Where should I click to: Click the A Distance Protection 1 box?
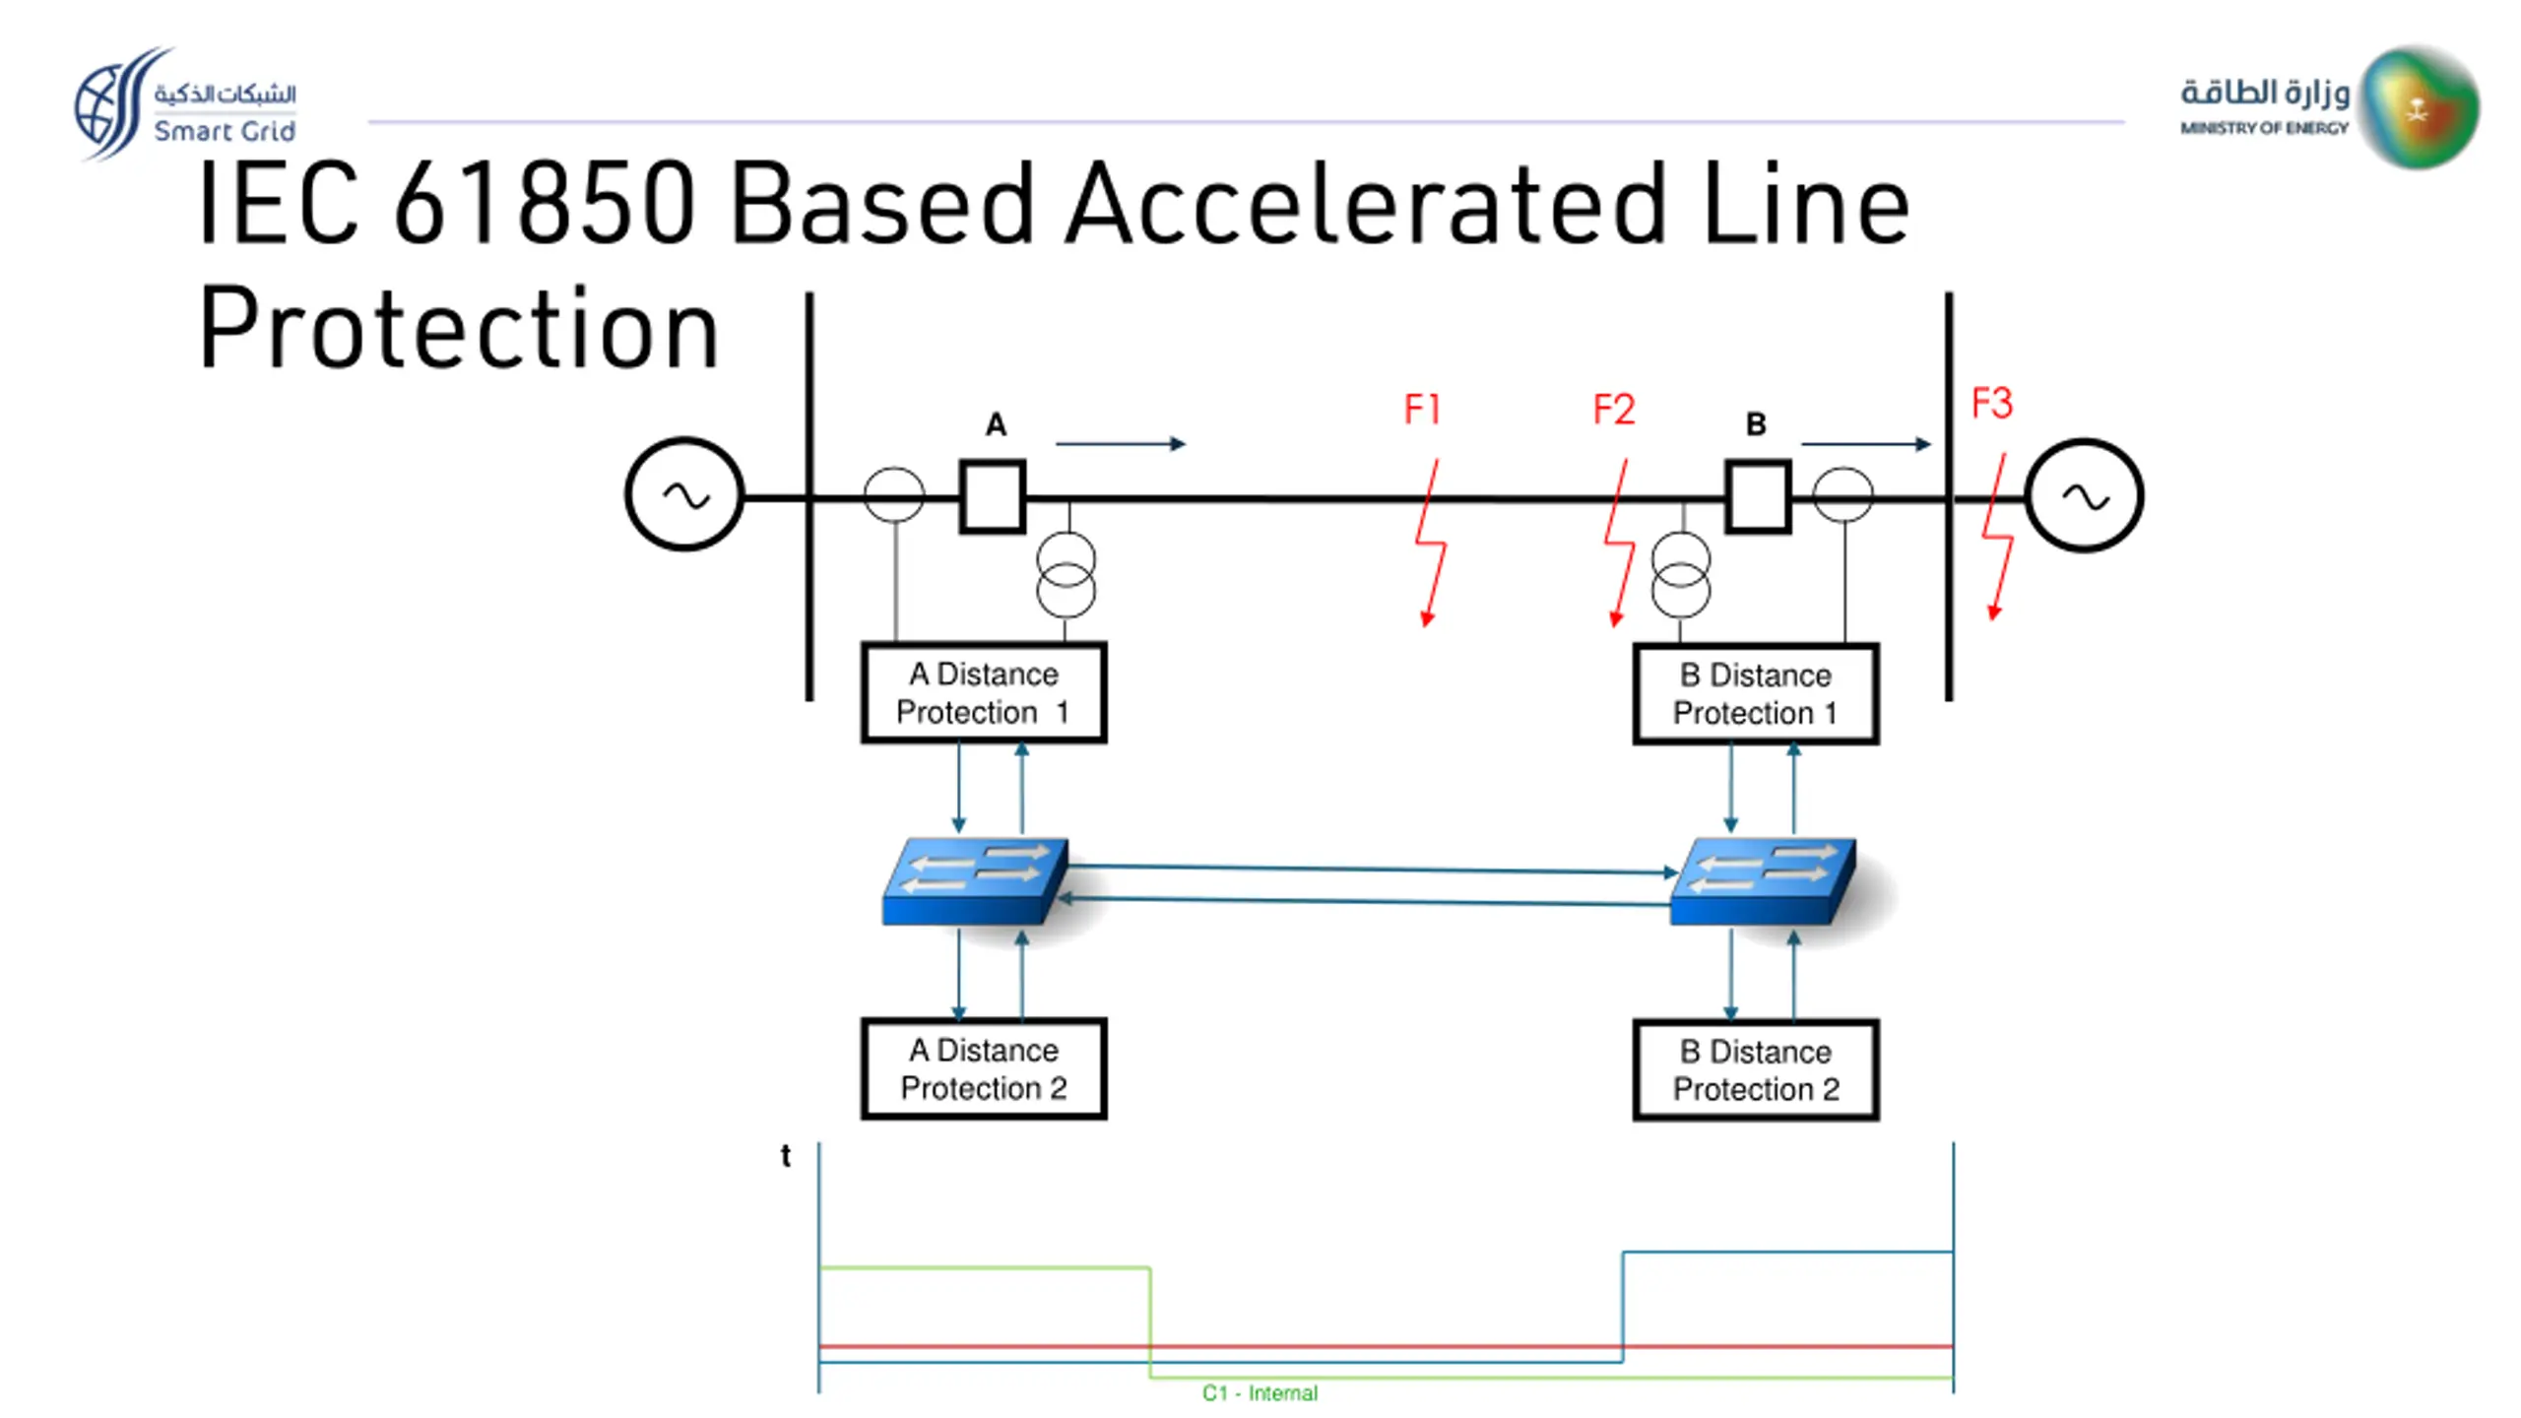click(x=983, y=692)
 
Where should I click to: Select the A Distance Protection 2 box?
click(x=983, y=1068)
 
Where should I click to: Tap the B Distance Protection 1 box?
click(x=1755, y=693)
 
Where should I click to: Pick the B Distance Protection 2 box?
click(x=1755, y=1070)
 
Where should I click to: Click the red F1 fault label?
click(x=1422, y=409)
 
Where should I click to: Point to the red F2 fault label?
click(x=1614, y=409)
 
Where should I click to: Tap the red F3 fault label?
click(x=1991, y=403)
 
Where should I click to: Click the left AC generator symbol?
click(x=683, y=495)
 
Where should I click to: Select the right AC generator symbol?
click(x=2084, y=495)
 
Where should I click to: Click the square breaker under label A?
click(x=993, y=497)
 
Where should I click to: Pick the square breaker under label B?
click(x=1758, y=497)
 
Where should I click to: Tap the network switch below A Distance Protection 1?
click(x=975, y=881)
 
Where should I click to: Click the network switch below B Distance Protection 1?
click(x=1763, y=881)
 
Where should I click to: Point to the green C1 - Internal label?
click(x=1260, y=1393)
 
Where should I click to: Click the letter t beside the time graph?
click(x=785, y=1155)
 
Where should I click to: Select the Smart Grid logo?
click(x=185, y=103)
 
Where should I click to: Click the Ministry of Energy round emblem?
click(x=2419, y=106)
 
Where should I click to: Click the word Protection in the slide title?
click(x=459, y=329)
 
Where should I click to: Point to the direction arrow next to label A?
click(x=1121, y=444)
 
